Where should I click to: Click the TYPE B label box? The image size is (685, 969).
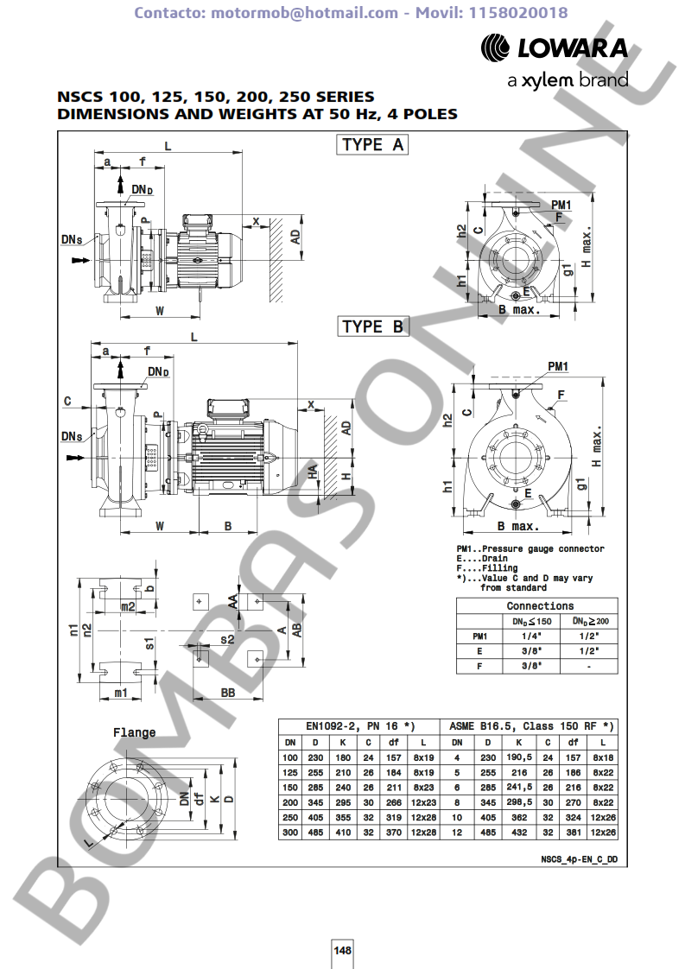tap(372, 326)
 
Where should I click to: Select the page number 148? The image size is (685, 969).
tap(342, 950)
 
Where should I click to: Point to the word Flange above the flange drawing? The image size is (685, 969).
tap(134, 732)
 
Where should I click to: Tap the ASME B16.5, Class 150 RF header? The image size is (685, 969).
tap(531, 726)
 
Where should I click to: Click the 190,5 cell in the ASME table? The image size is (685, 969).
tap(518, 757)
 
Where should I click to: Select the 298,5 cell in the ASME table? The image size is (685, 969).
tap(518, 802)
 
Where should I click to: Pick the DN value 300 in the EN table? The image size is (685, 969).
tap(289, 833)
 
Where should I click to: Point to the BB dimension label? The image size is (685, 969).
tap(228, 693)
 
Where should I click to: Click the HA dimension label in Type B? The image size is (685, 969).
tap(314, 472)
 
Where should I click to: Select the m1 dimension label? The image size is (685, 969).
tap(121, 693)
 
